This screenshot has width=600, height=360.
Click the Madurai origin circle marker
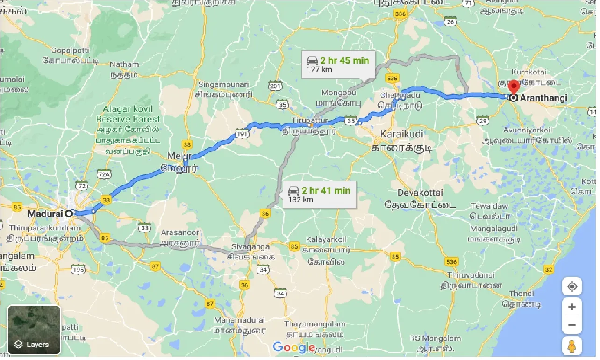pos(69,213)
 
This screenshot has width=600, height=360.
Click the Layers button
pos(34,330)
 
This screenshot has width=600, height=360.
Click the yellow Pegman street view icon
pos(572,346)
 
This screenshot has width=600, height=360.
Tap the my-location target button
pos(572,287)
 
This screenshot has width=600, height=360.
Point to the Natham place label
pos(124,65)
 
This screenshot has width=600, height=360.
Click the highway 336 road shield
pos(400,14)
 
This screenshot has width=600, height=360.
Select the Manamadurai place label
pos(239,320)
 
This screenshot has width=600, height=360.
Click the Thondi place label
pos(521,293)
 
